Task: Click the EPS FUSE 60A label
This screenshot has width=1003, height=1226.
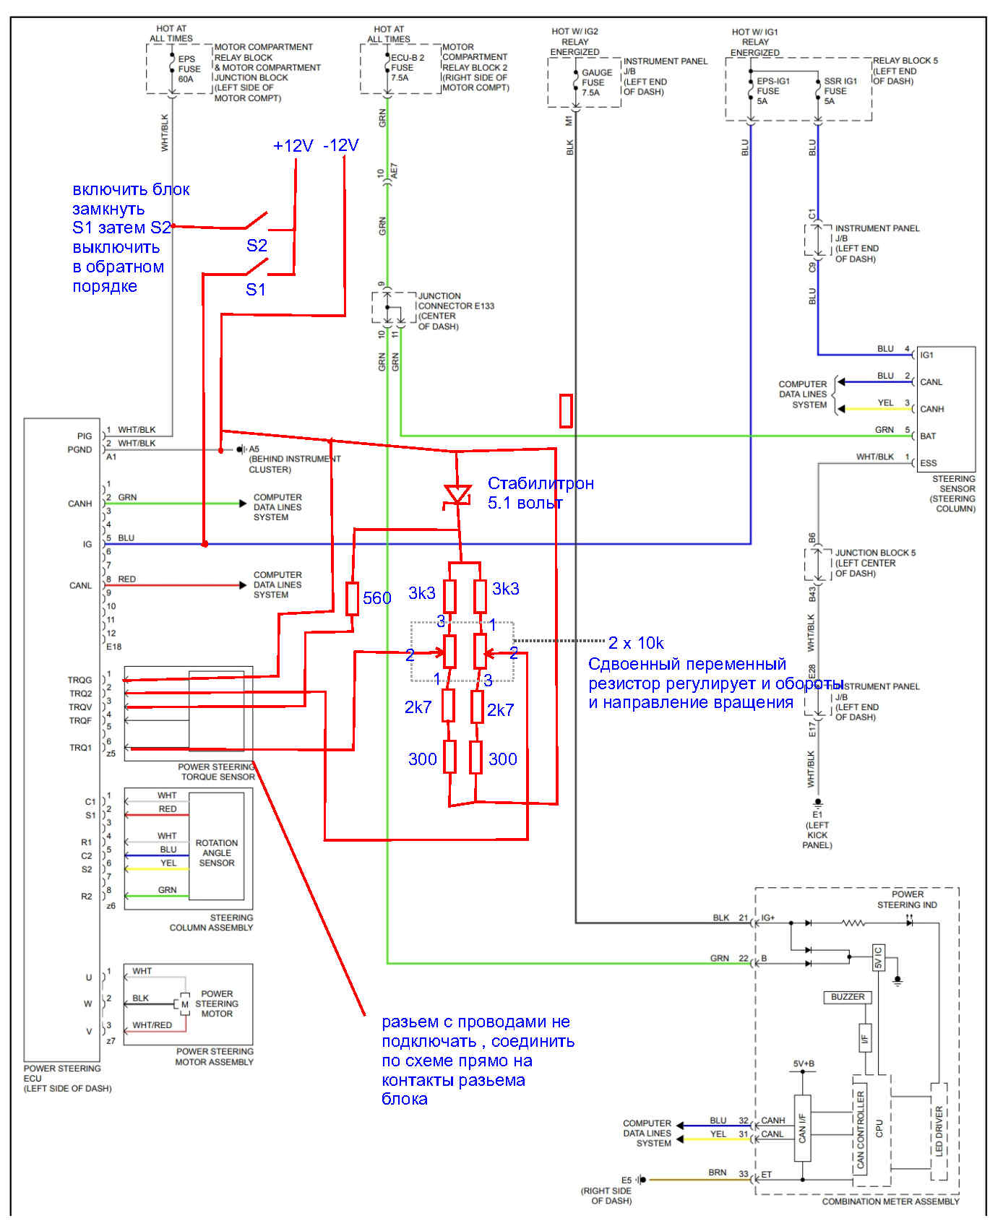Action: (x=189, y=69)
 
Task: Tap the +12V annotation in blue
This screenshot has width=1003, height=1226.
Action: (x=293, y=146)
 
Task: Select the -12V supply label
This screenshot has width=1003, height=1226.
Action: (x=341, y=145)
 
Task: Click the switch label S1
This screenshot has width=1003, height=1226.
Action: (x=256, y=290)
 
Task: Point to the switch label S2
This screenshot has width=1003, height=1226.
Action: (x=257, y=246)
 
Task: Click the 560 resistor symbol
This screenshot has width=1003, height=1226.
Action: (x=352, y=598)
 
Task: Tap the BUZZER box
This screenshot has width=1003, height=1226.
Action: (x=848, y=997)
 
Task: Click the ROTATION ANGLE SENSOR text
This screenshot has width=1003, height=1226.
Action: (x=217, y=852)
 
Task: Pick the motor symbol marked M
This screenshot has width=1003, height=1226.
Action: (x=185, y=1004)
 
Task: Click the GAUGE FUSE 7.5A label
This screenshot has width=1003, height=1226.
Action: (x=597, y=82)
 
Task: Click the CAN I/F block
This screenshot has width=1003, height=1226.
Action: (x=803, y=1128)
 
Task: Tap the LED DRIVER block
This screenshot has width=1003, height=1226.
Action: (x=939, y=1131)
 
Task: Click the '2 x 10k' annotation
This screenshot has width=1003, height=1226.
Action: (x=636, y=643)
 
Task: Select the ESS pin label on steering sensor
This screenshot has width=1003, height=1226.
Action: (x=928, y=463)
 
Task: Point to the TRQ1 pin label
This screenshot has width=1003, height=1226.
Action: (x=81, y=748)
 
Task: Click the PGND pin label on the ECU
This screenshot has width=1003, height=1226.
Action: (x=80, y=449)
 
